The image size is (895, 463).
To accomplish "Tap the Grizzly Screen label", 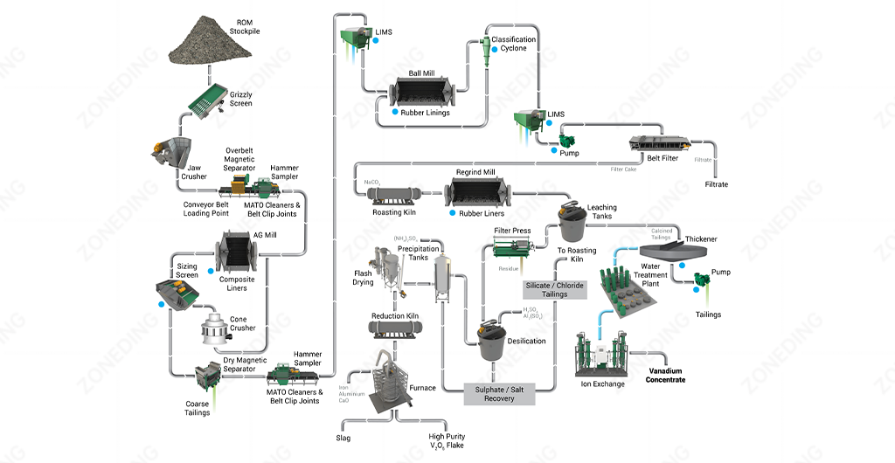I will point(240,98).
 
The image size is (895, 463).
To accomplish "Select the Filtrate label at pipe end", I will point(716,184).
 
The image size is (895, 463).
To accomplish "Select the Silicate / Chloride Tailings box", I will point(554,289).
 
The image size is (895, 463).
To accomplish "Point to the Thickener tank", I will point(682,252).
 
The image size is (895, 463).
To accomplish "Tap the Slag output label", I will point(343,436).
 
